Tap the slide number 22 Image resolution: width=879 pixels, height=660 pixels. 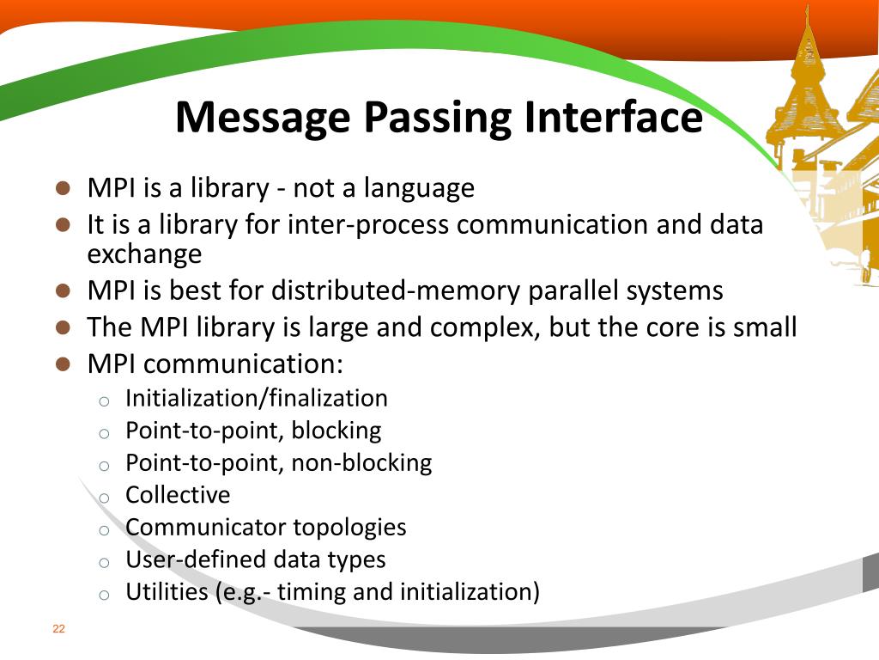(x=58, y=629)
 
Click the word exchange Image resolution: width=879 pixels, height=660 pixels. (x=144, y=254)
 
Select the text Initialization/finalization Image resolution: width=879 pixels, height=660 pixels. (x=256, y=398)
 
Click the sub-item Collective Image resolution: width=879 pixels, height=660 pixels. (x=178, y=495)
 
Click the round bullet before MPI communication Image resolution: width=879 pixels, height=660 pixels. (x=62, y=363)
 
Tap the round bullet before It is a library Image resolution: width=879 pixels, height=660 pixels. (x=62, y=224)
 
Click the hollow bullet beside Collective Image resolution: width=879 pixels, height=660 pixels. (x=103, y=498)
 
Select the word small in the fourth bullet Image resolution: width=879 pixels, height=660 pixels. (x=766, y=327)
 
